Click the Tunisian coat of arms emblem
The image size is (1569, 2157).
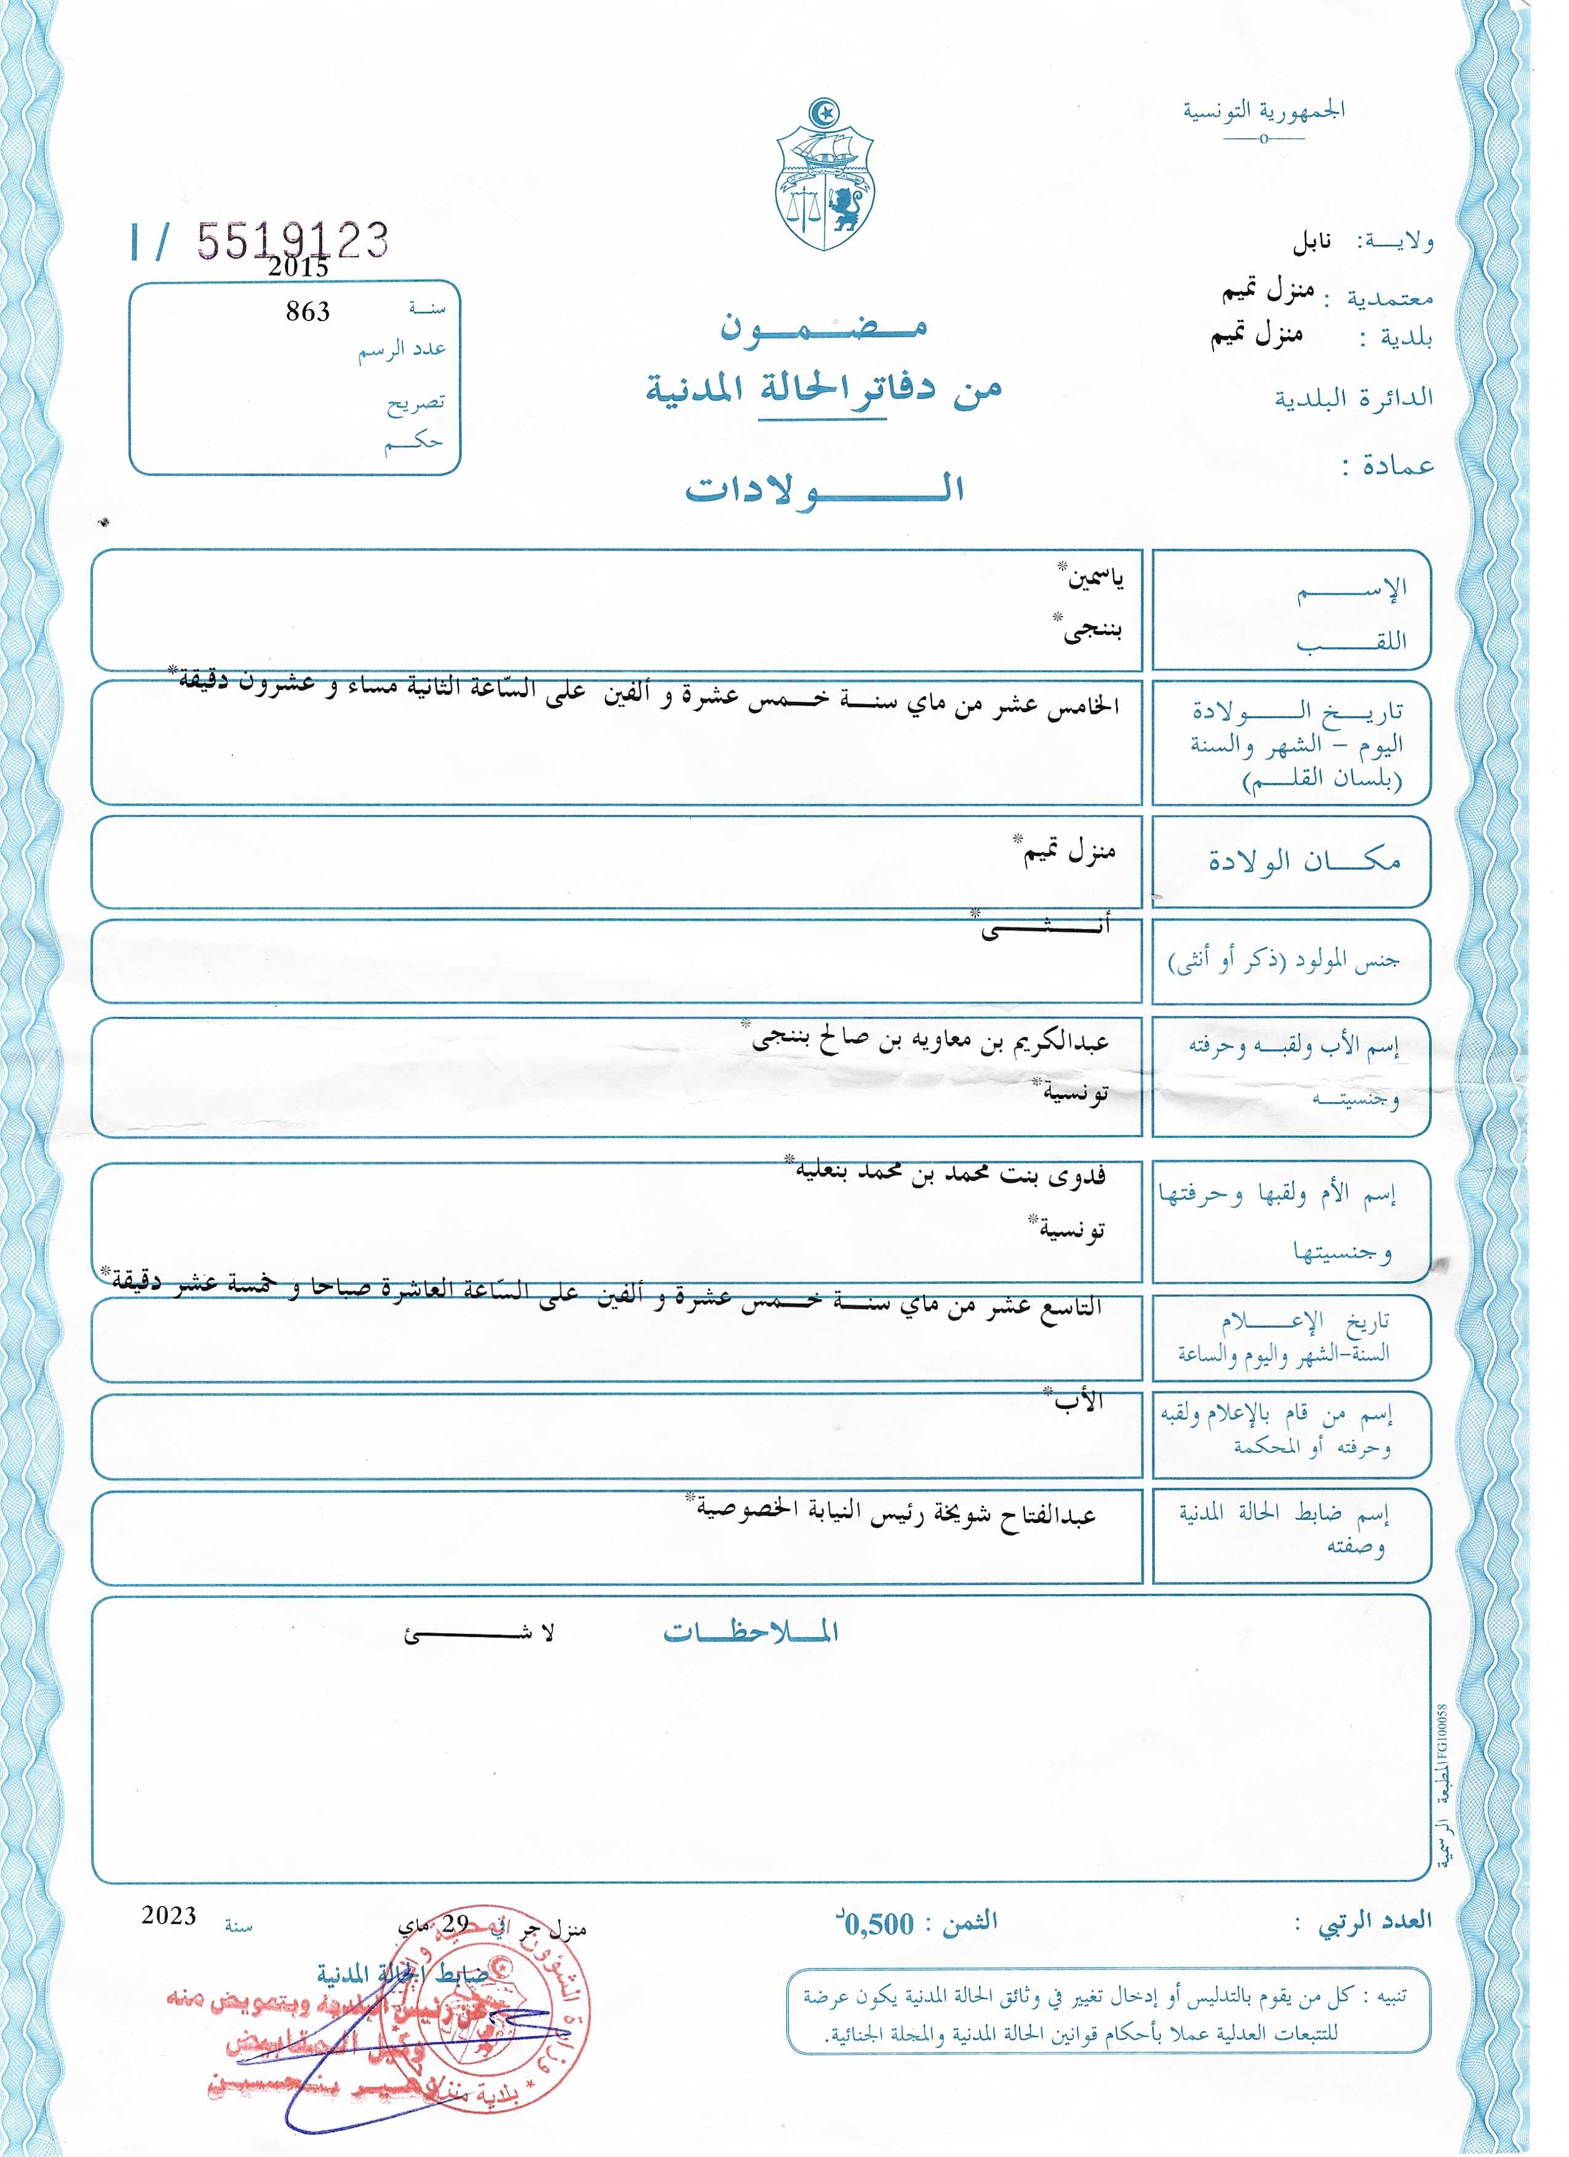tap(824, 175)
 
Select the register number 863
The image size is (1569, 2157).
tap(307, 311)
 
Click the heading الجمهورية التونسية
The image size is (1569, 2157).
tap(1264, 110)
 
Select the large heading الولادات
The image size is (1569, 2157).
tap(824, 488)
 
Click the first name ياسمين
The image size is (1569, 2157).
tap(1094, 578)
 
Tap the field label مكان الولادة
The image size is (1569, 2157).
tap(1304, 860)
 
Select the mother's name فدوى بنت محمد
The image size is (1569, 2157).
tap(951, 1175)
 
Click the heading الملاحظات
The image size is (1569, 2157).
tap(750, 1632)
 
